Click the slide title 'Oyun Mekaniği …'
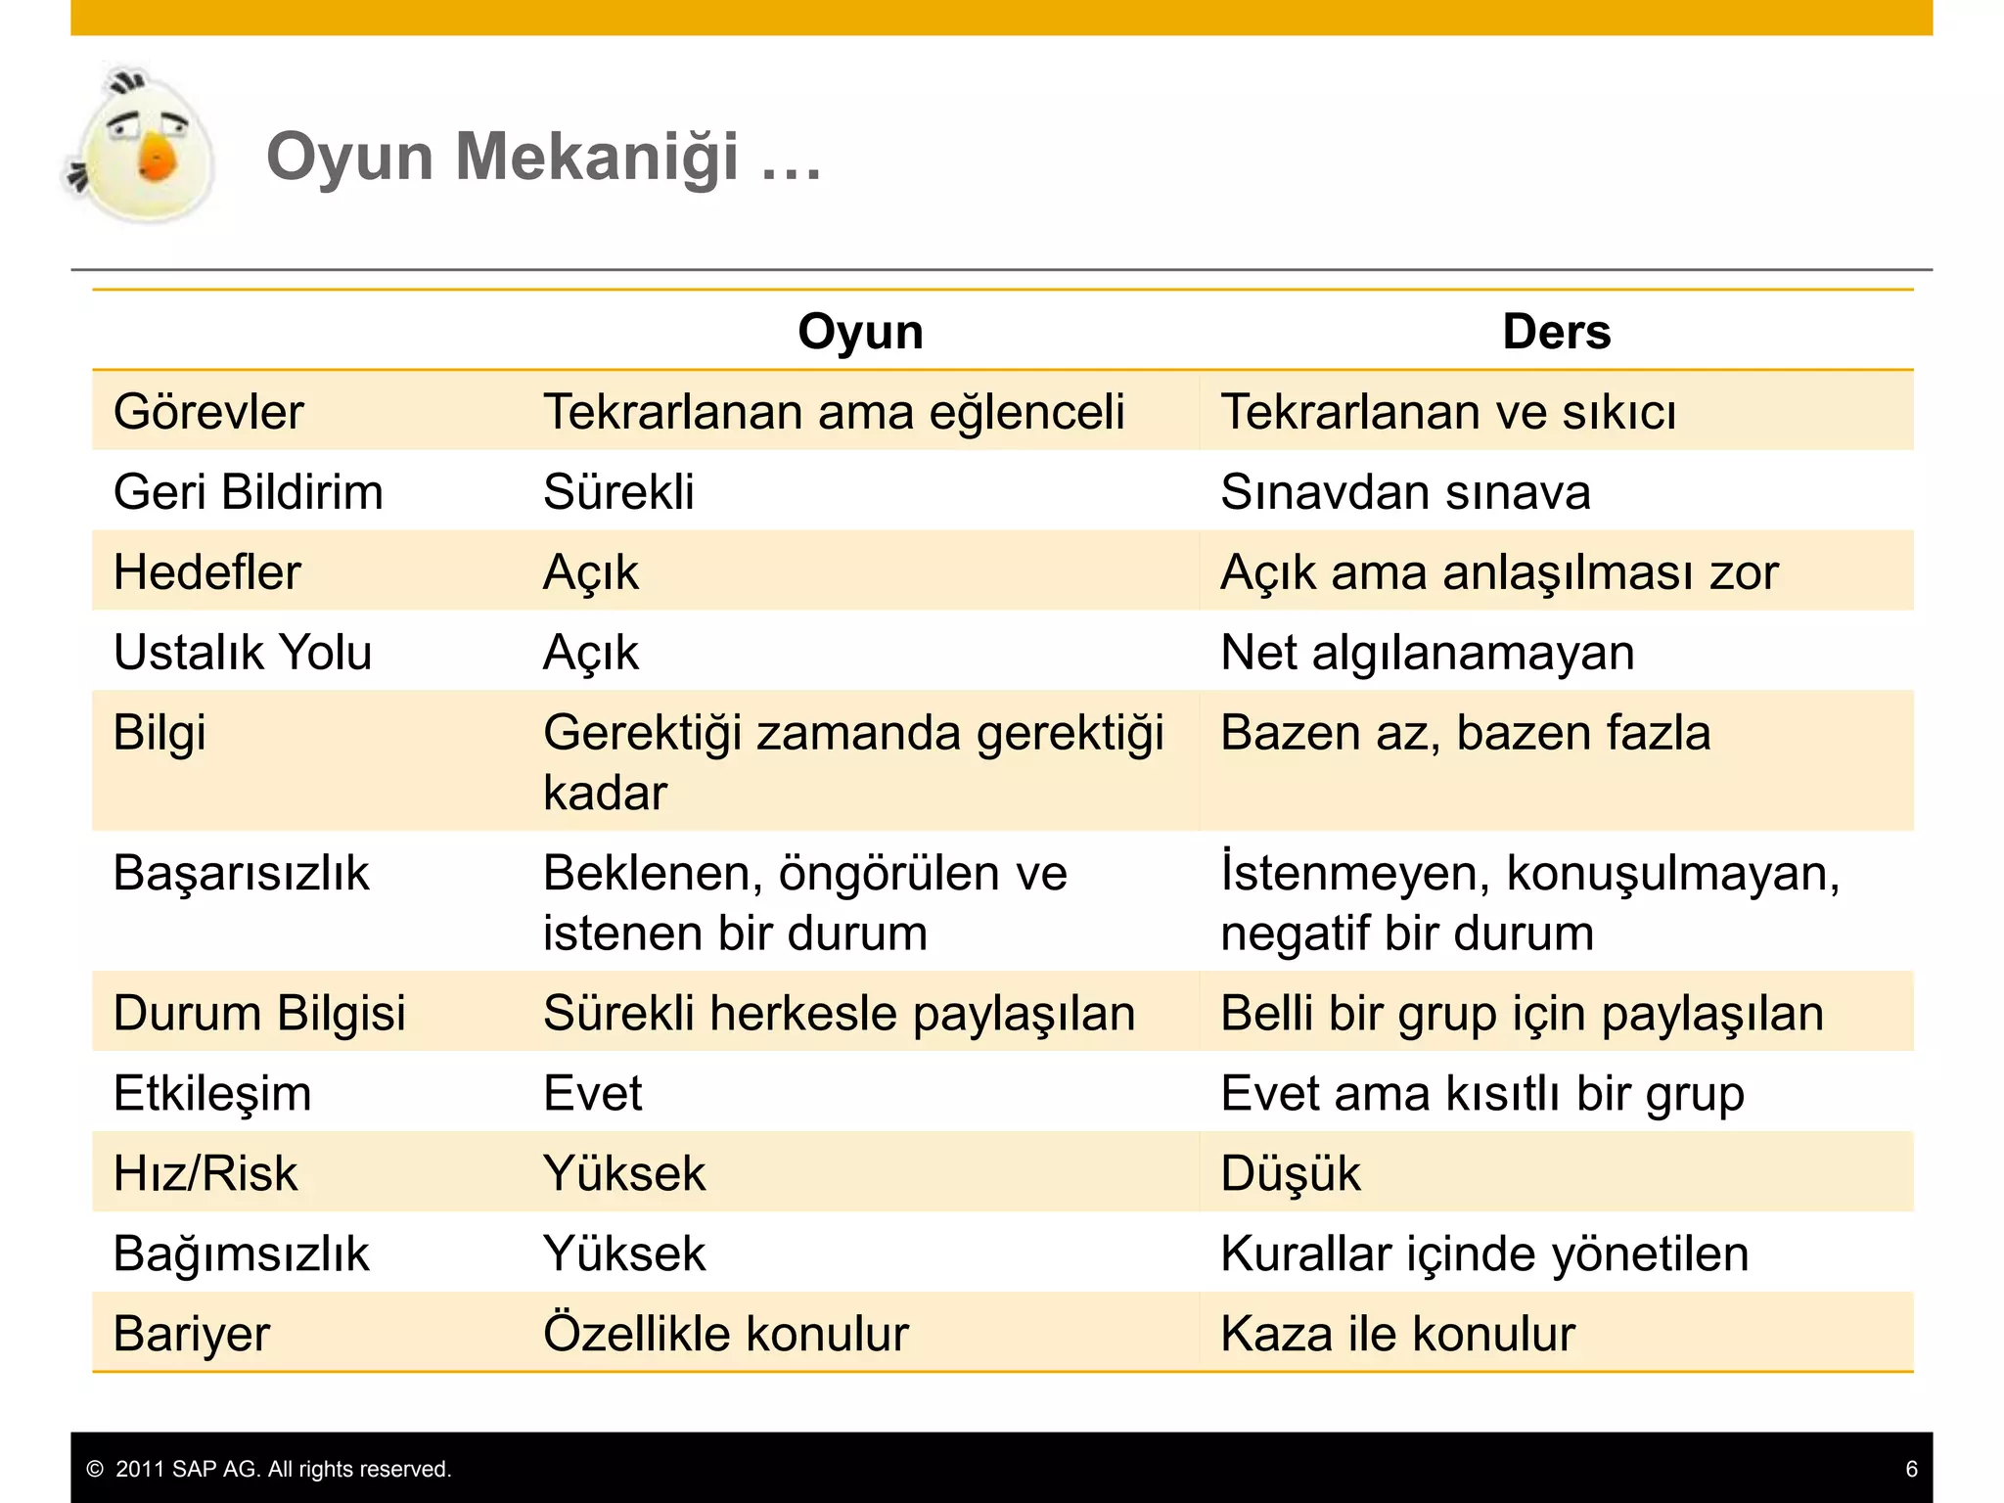coord(543,157)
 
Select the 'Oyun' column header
coord(860,332)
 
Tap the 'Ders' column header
coord(1556,332)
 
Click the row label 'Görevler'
coord(208,412)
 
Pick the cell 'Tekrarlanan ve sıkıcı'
coord(1448,412)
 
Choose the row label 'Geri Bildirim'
coord(248,492)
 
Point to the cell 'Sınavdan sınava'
coord(1405,492)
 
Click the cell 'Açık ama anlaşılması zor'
coord(1499,572)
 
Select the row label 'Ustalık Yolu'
coord(243,653)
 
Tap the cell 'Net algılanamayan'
coord(1428,653)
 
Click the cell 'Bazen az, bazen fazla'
coord(1466,733)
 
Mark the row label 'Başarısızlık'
coord(241,873)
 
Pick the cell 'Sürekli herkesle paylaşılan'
coord(839,1013)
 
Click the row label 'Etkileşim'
coord(212,1093)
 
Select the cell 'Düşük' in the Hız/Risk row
coord(1291,1173)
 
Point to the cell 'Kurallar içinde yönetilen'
coord(1484,1253)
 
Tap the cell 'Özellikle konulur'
coord(726,1334)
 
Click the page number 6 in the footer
coord(1911,1469)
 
